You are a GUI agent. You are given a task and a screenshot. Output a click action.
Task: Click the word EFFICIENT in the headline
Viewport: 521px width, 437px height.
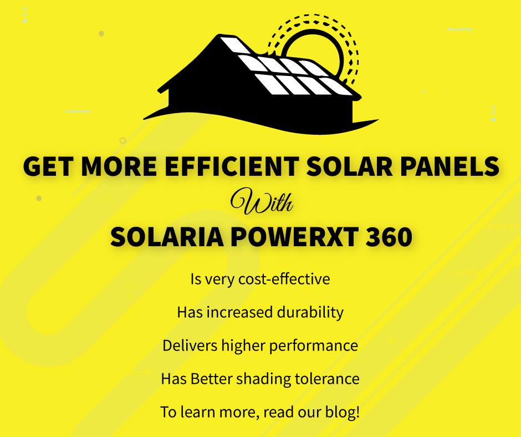[x=232, y=166]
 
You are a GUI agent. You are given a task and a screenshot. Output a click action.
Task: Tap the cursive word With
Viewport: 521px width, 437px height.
[x=262, y=201]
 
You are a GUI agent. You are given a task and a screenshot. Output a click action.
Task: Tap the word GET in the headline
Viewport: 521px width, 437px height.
[x=48, y=166]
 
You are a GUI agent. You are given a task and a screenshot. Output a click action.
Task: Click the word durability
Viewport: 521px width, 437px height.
[x=310, y=313]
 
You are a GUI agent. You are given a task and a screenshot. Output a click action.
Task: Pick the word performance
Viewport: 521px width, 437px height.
[x=313, y=346]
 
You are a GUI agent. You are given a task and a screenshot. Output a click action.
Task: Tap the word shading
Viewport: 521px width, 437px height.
[x=263, y=379]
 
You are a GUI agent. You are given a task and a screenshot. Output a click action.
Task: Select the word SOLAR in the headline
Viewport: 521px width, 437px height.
[x=349, y=166]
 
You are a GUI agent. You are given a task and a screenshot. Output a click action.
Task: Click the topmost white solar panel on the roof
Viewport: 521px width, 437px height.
[x=235, y=45]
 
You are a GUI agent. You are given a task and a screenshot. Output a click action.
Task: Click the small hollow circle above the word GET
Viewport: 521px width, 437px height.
[x=122, y=140]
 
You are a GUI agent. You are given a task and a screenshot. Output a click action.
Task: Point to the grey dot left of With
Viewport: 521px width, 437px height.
[x=39, y=199]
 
